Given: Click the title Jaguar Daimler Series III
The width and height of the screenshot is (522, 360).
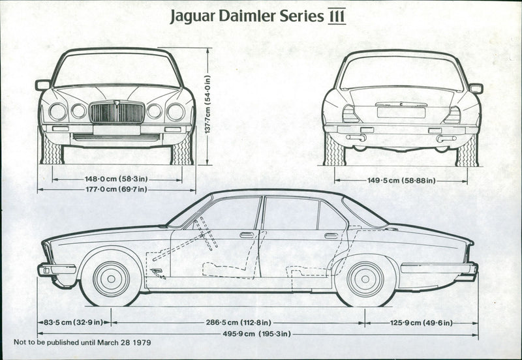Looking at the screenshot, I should (x=258, y=16).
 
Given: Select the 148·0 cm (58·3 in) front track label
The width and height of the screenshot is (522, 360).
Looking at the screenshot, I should (x=117, y=178).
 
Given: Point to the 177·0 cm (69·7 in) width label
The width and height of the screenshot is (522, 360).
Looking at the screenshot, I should (x=117, y=189).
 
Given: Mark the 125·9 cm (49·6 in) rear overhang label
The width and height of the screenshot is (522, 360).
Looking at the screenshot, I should (x=422, y=322).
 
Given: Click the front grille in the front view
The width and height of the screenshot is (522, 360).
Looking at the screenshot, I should (x=117, y=112).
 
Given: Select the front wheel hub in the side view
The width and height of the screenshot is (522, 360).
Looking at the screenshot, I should (x=111, y=278).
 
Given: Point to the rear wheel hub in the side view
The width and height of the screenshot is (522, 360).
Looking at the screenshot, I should (x=365, y=278).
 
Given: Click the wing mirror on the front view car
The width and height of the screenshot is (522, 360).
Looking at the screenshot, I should (x=43, y=85).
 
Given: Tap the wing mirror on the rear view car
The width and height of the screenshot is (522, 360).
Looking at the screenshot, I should (x=476, y=88).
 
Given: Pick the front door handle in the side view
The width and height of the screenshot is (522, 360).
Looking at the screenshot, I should (x=247, y=235).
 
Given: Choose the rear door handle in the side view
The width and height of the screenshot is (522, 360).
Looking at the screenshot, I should (x=331, y=235).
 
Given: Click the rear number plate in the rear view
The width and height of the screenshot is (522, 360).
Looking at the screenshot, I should (x=401, y=112).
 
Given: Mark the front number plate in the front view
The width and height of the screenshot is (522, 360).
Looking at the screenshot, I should (x=117, y=130).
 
